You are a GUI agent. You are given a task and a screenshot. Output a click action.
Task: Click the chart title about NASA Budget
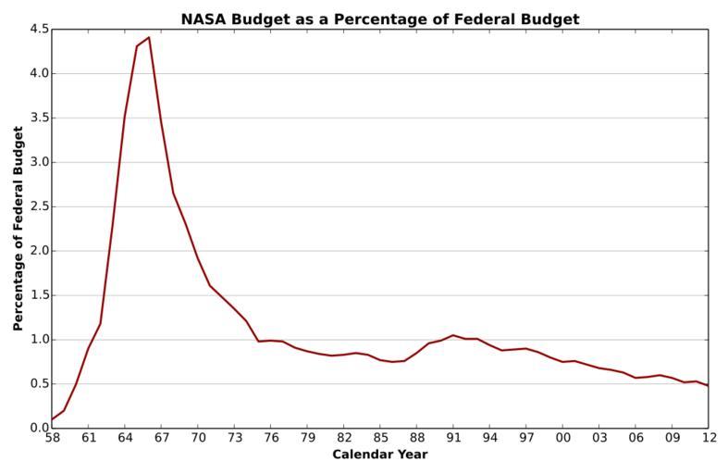pos(380,19)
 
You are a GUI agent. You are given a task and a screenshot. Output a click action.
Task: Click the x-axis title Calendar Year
pos(380,455)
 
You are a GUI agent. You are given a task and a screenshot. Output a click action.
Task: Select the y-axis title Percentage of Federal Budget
pos(19,229)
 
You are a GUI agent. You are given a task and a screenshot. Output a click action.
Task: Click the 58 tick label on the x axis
pos(52,440)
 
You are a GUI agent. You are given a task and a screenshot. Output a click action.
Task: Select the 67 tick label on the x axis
pos(161,440)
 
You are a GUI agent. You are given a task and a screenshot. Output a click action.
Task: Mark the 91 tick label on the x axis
pos(453,440)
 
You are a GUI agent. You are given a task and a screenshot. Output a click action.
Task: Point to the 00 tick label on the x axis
pos(562,440)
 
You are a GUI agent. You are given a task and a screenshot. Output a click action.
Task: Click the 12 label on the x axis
pos(708,440)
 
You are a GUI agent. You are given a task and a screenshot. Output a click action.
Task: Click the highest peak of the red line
pos(148,38)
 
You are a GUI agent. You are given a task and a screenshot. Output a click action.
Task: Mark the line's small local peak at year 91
pos(453,335)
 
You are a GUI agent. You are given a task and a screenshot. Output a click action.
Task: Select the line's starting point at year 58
pos(52,419)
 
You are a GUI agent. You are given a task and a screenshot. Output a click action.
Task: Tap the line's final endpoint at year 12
pos(708,385)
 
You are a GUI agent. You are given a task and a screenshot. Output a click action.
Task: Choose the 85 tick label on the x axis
pos(380,440)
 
